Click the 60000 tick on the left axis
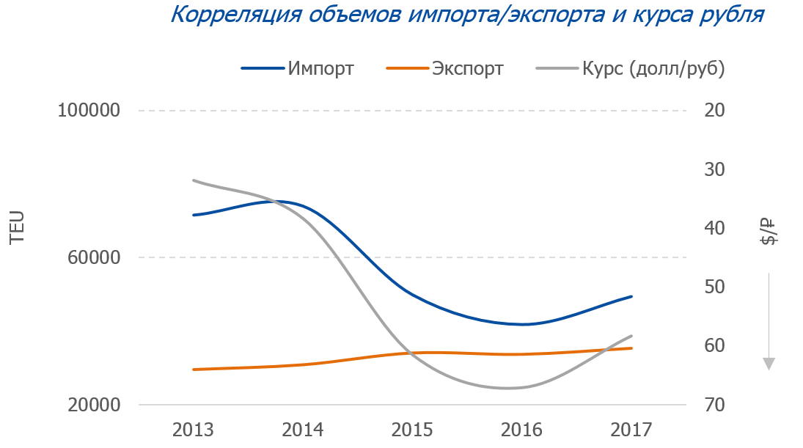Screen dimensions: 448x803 (94, 257)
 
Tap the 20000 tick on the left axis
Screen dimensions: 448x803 (94, 405)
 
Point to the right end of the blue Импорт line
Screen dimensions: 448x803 (631, 296)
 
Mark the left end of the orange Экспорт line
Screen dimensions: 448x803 (194, 370)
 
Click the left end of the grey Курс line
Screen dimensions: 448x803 (194, 180)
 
